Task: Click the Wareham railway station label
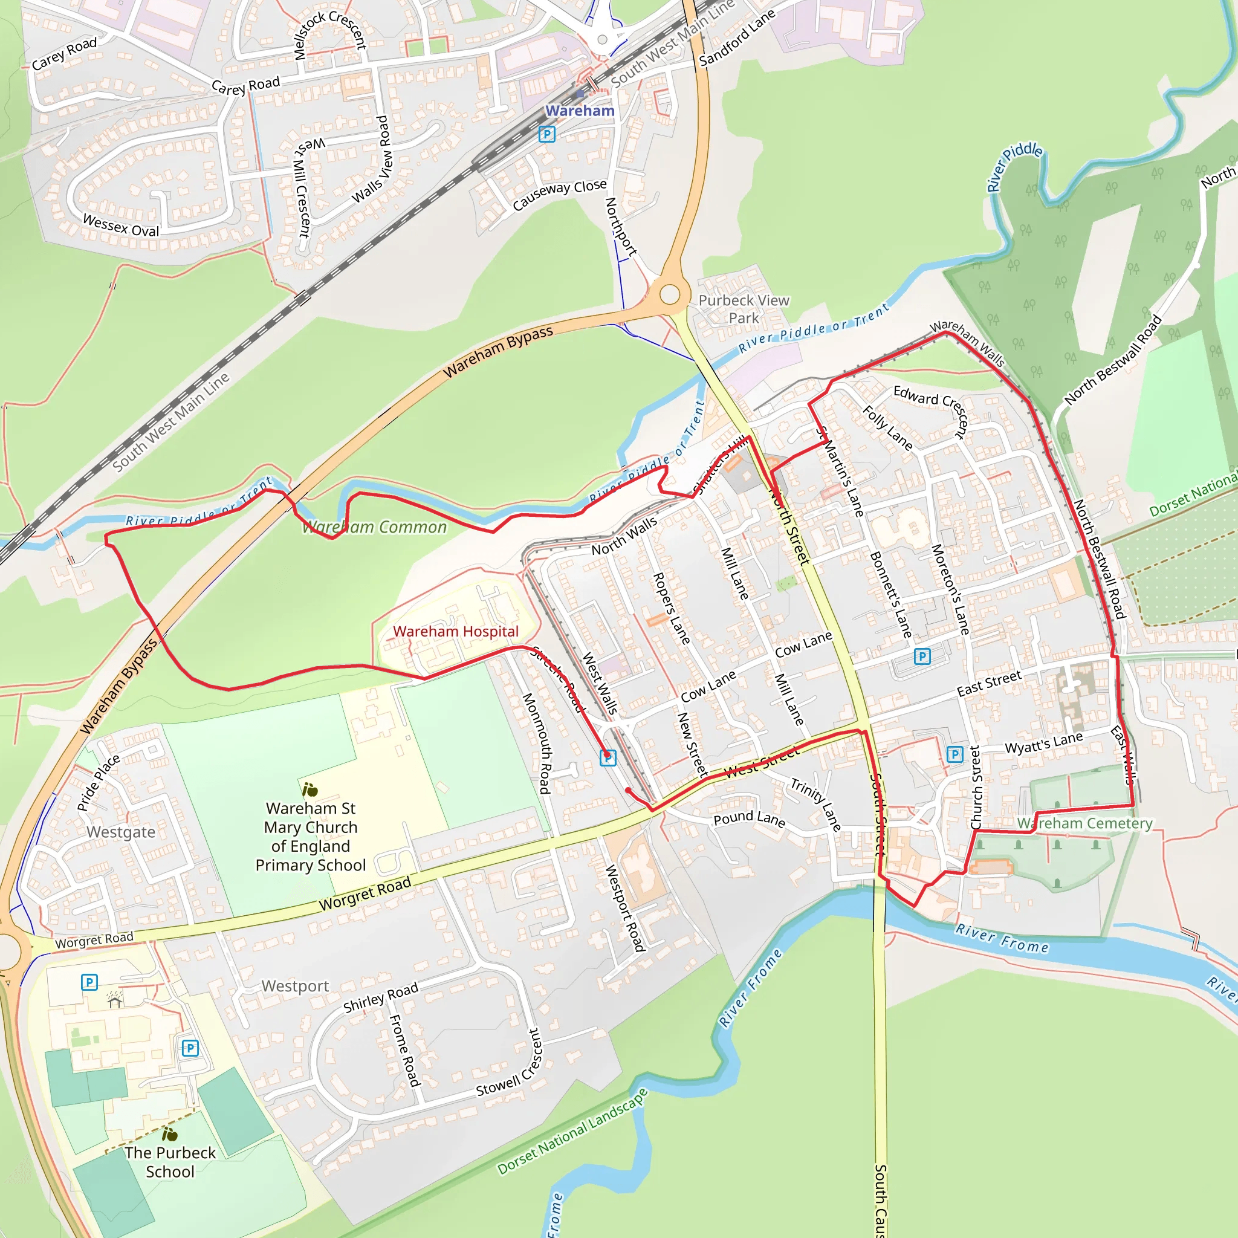579,111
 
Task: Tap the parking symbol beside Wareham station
546,134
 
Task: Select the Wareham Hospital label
456,631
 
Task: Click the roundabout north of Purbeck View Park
670,295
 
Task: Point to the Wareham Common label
374,527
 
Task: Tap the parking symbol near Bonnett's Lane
921,656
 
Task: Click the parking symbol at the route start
608,758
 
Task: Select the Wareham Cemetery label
1084,823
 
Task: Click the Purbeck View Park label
744,309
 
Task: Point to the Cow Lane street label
803,644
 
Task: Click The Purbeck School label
170,1162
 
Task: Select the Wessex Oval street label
120,226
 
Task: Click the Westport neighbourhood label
295,986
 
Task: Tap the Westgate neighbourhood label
120,832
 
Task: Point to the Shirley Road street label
381,997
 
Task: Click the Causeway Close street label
559,195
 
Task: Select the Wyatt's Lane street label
1043,743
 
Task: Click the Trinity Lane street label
815,805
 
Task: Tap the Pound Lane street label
748,818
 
